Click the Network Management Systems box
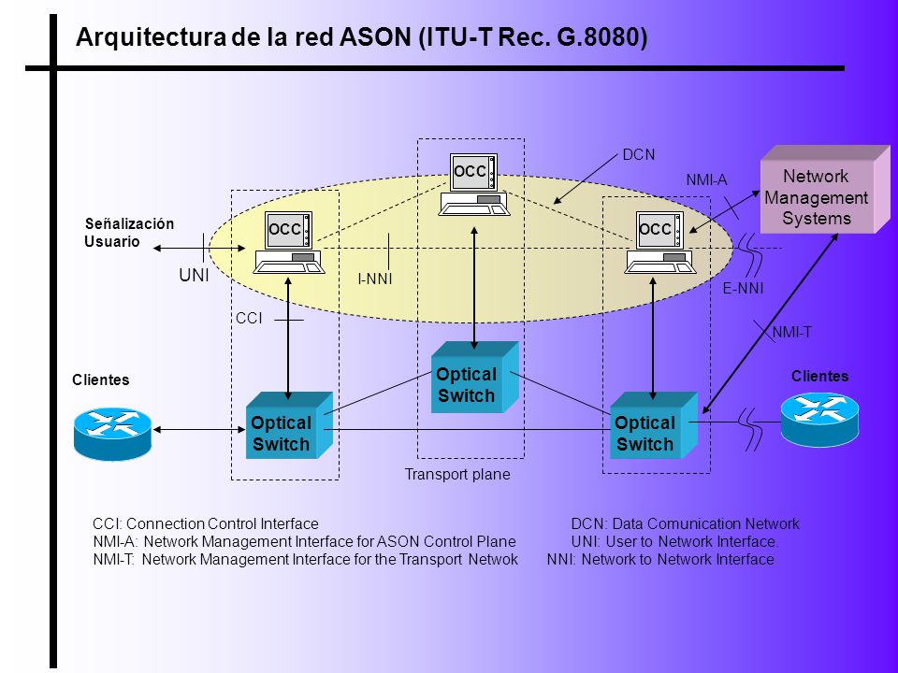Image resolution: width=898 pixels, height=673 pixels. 825,190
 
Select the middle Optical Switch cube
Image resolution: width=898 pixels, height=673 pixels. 475,377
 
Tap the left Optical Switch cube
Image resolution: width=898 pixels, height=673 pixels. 289,425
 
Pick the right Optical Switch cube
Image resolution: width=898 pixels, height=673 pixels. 654,425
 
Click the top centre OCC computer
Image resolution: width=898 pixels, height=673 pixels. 473,184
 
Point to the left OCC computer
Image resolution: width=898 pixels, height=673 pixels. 289,242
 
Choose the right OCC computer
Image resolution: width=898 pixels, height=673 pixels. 660,242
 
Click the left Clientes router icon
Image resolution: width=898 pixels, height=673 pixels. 113,433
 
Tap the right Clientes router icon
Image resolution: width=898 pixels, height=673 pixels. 819,419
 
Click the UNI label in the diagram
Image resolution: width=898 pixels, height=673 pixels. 195,275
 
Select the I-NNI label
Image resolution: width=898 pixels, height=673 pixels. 375,279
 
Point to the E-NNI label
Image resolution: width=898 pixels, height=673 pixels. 743,288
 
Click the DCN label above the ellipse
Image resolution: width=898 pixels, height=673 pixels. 639,154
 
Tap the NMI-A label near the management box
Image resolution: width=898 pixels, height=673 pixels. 707,180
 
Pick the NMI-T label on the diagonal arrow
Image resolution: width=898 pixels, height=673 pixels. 791,332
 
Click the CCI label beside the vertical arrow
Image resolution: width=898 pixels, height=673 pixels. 249,318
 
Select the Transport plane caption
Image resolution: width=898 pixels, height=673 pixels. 457,475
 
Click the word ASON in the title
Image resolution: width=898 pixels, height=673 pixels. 376,37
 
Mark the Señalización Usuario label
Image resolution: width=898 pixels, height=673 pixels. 129,233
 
